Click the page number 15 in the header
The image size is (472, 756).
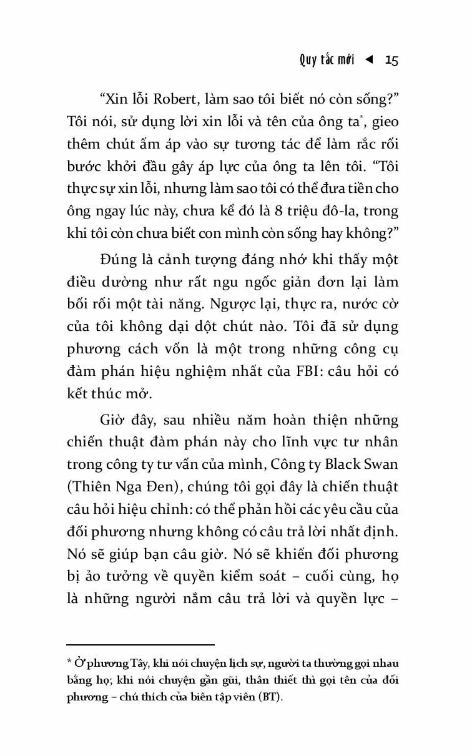click(x=391, y=60)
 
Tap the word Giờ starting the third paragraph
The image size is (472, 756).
click(x=114, y=418)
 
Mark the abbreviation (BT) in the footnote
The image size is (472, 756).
click(x=269, y=698)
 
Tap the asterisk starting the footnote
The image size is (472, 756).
click(x=69, y=663)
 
